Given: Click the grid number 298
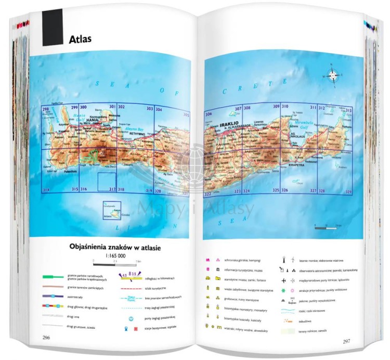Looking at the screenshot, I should (x=45, y=109).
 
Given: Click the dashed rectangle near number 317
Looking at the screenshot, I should (x=107, y=182).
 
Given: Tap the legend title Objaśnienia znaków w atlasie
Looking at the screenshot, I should (x=115, y=248).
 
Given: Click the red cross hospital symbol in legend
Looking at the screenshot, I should (x=136, y=329).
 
